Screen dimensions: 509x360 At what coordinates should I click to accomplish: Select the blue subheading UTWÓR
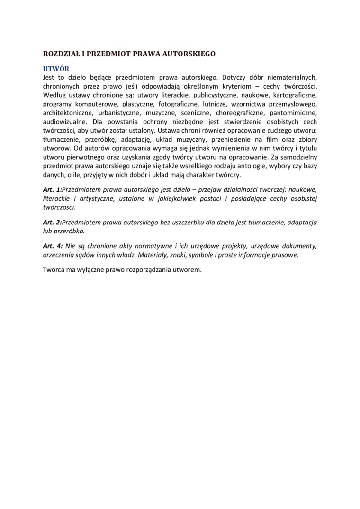click(56, 68)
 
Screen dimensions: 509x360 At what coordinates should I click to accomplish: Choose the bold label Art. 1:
click(52, 189)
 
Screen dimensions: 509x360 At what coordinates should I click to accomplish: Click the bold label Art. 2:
click(52, 222)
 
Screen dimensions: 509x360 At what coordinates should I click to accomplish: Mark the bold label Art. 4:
click(52, 246)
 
